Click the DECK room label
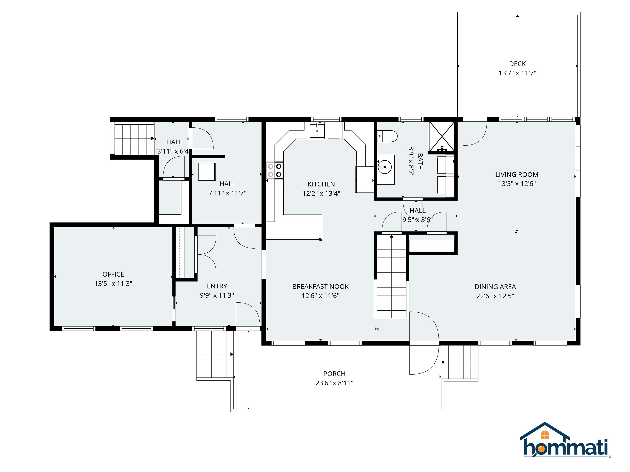coord(517,64)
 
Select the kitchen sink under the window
coord(317,130)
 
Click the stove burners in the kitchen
coord(275,170)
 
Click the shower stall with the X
coord(442,136)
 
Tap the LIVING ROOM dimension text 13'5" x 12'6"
coord(517,184)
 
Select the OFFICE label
coord(113,274)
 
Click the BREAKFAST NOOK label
coord(320,287)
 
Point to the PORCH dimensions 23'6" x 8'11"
coord(334,383)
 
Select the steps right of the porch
coord(459,362)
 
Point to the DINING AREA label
coord(495,287)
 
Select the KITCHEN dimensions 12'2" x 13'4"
coord(321,193)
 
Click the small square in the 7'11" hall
coord(207,171)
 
